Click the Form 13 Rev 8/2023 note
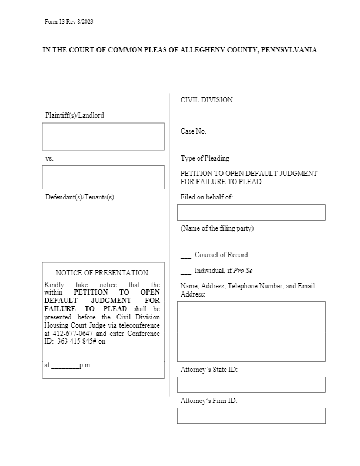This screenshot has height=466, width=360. point(69,22)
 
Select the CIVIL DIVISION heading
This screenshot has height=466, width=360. point(206,100)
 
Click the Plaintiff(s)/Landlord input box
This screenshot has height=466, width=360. point(103,137)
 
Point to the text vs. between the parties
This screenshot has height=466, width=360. point(49,159)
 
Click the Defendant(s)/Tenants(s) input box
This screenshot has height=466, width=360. point(103,177)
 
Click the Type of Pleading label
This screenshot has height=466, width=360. point(205,158)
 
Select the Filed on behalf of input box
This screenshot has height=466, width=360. point(251,212)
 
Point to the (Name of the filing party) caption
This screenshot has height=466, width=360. point(217,228)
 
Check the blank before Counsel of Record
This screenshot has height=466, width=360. point(185,256)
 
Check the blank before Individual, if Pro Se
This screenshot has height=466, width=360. point(185,272)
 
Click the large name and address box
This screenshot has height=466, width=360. point(251,331)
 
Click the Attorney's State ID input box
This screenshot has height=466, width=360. point(251,385)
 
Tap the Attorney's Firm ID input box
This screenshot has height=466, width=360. point(251,416)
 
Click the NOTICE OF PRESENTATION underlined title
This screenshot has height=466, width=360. point(102,273)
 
